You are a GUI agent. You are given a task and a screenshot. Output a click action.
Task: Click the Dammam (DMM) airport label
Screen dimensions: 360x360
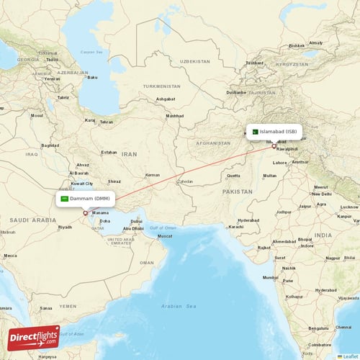[89, 199]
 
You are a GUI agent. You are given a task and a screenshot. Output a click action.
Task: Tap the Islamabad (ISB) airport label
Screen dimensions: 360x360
[278, 132]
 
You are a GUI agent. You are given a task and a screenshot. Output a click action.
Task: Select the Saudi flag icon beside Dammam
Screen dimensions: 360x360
[65, 199]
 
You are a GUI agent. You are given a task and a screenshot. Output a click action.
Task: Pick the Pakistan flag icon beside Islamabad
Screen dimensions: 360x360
[254, 132]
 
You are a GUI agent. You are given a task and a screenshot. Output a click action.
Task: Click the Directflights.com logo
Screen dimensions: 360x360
[33, 338]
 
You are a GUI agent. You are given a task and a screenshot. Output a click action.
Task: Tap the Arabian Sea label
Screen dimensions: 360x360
[180, 306]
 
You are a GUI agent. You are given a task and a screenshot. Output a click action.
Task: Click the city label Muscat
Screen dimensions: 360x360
[165, 236]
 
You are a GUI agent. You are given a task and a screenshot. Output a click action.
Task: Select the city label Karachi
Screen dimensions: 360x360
[236, 227]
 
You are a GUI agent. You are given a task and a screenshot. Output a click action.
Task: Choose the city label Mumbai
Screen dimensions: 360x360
[271, 277]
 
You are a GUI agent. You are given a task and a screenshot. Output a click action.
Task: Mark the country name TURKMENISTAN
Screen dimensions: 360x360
[161, 86]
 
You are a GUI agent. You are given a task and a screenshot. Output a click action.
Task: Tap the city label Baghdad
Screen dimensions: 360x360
[50, 145]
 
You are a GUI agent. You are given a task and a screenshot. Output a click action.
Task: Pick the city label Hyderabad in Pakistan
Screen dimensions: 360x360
[248, 220]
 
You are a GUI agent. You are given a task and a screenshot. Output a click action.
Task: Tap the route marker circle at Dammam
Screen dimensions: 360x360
[86, 212]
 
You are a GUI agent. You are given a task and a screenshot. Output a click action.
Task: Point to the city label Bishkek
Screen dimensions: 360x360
[297, 45]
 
